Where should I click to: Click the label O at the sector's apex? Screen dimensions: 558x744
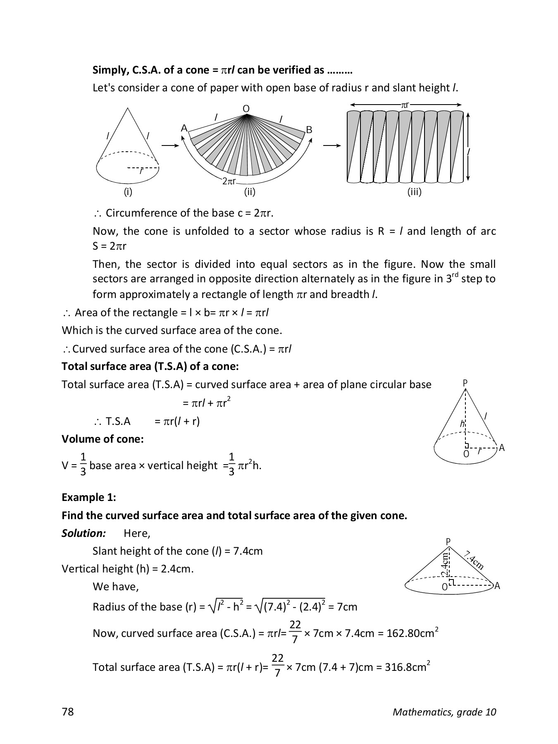(246, 109)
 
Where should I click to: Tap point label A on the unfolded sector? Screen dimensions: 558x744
(184, 128)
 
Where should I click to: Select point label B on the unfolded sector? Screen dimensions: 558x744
(309, 130)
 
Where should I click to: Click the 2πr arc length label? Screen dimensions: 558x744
(229, 181)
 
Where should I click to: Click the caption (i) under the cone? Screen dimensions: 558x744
(128, 192)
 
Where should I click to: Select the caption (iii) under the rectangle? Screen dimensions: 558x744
(414, 192)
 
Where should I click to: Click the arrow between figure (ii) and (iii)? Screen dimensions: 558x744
(332, 145)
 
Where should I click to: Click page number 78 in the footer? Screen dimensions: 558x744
(67, 712)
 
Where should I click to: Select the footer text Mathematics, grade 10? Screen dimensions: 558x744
(444, 712)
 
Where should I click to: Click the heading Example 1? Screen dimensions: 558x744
(88, 497)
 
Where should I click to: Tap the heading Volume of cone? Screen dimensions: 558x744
(103, 439)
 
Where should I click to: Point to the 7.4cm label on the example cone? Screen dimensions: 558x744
(474, 560)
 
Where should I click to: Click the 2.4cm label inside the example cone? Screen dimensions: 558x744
(445, 564)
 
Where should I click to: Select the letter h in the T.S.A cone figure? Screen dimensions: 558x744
(462, 424)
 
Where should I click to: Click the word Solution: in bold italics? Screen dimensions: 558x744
(84, 533)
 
